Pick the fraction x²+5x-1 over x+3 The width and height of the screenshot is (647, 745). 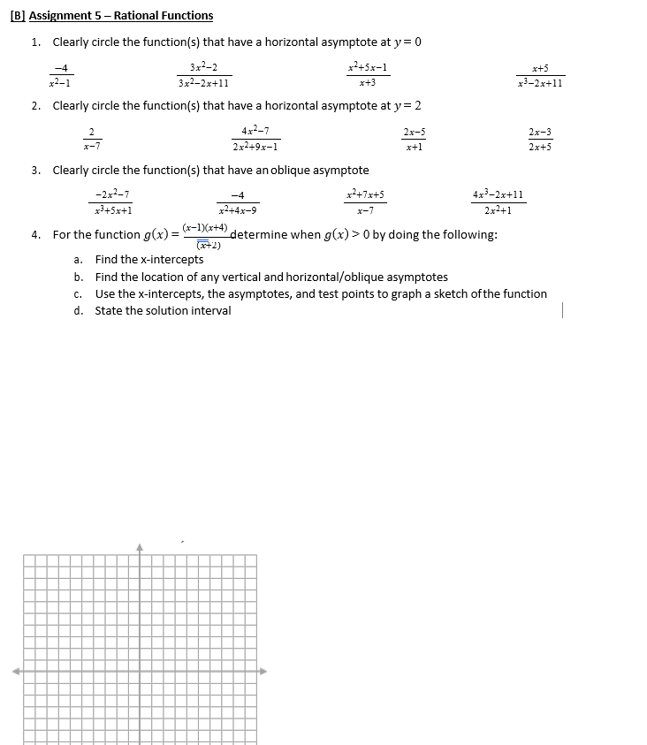(x=368, y=75)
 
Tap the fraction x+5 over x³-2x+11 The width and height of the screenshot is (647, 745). (x=541, y=76)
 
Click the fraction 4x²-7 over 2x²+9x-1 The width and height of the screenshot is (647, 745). (x=255, y=140)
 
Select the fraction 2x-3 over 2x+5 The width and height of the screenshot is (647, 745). (x=539, y=140)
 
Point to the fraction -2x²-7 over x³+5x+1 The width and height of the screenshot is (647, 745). (x=112, y=203)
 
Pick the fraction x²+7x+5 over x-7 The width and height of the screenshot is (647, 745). (x=365, y=203)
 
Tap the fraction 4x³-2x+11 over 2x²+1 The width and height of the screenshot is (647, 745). (x=499, y=202)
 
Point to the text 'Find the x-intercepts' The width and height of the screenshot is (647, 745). (x=149, y=260)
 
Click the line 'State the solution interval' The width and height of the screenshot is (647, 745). (x=163, y=310)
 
